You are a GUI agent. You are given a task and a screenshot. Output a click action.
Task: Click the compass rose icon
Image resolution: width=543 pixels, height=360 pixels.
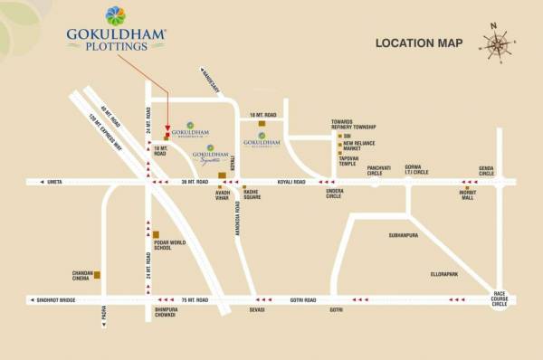point(496,44)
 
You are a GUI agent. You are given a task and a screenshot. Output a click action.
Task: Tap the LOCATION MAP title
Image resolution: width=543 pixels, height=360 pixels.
point(419,43)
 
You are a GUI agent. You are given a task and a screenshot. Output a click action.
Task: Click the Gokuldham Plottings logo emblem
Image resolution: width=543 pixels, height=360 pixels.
point(116,16)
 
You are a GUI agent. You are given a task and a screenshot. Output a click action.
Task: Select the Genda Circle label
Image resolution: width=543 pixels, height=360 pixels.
point(487,171)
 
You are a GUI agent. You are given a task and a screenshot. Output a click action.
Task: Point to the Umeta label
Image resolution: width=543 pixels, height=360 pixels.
point(54,182)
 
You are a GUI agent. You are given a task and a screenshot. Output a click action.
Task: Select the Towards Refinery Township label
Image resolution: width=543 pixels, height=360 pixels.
point(354,126)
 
